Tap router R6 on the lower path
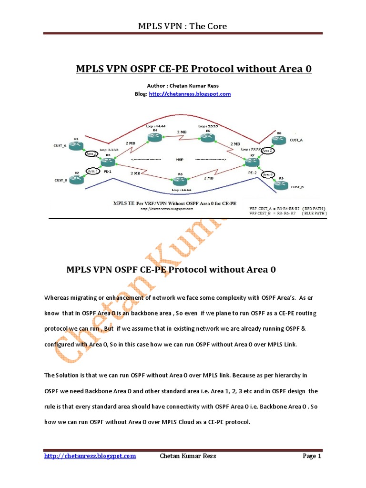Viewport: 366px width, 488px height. (x=180, y=181)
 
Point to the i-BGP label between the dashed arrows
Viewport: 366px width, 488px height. (x=180, y=160)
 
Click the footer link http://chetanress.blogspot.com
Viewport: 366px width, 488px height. (x=90, y=456)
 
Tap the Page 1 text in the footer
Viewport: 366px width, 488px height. (x=313, y=456)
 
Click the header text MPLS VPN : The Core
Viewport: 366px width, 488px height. (x=183, y=26)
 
